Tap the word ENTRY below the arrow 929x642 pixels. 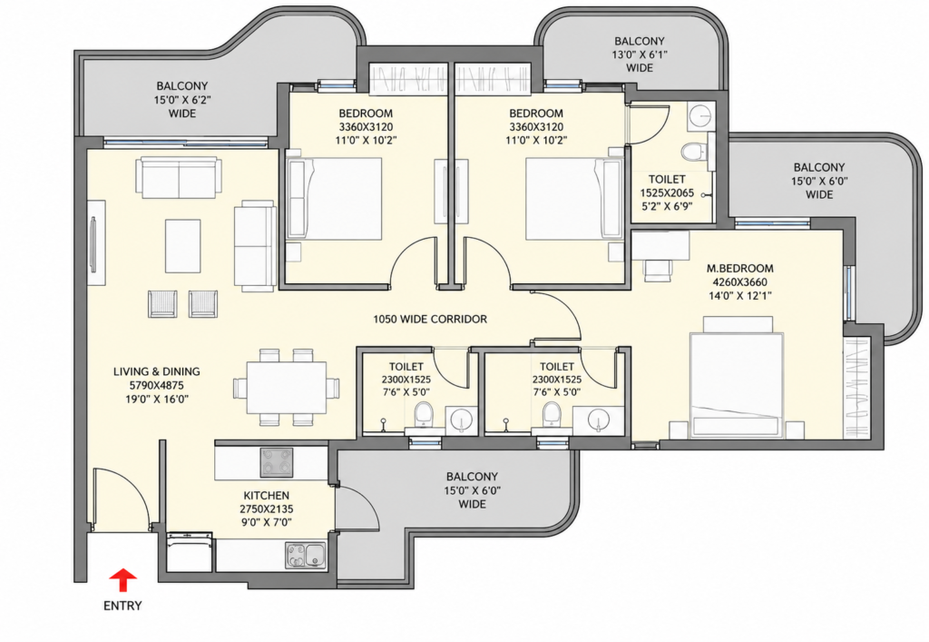point(122,606)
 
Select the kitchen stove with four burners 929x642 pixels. point(277,462)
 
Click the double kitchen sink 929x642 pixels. point(307,556)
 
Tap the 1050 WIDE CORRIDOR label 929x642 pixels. point(430,319)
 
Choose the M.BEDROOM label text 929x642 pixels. point(740,268)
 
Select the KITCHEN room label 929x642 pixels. point(267,496)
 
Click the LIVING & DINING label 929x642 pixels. point(156,371)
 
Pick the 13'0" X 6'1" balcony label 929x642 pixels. point(640,54)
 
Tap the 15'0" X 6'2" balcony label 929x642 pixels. point(182,100)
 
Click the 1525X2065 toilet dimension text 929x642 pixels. point(667,193)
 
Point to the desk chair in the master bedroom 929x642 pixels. point(659,271)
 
